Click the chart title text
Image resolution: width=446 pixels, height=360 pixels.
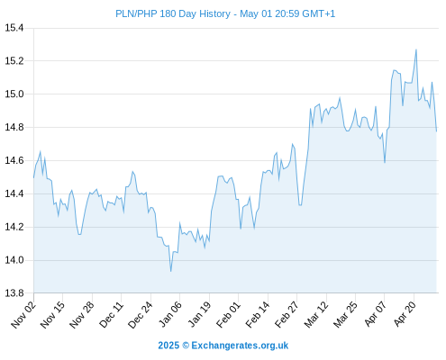click(x=225, y=13)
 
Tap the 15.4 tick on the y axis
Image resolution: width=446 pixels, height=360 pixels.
click(x=14, y=28)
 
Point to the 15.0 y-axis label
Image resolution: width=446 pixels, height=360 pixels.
click(x=14, y=94)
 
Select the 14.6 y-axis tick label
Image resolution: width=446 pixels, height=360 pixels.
click(x=14, y=160)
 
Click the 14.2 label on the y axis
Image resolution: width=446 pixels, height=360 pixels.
click(x=14, y=227)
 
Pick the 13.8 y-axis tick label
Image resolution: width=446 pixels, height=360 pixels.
click(x=14, y=293)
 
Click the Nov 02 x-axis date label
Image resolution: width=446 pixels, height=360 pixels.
click(x=23, y=315)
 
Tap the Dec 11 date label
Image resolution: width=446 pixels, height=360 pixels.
click(x=111, y=315)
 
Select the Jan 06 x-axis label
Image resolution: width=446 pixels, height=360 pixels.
click(x=169, y=315)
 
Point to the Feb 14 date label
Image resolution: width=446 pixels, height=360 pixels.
click(x=258, y=315)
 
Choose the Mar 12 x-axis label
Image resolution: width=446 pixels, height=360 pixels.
click(x=316, y=315)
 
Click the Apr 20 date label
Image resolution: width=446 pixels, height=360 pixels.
click(x=405, y=314)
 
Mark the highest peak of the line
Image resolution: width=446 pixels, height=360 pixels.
click(x=416, y=49)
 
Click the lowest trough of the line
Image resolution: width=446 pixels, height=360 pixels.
click(x=171, y=271)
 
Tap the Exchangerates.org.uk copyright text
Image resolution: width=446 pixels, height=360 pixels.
click(x=223, y=346)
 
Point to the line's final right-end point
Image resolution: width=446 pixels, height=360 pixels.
click(x=436, y=131)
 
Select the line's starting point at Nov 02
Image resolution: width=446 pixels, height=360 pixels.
click(x=33, y=177)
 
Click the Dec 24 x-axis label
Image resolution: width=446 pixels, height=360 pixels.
click(x=141, y=315)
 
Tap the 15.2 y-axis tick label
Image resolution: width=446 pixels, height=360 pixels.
click(x=14, y=61)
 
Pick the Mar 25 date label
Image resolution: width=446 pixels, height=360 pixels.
click(x=345, y=315)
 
